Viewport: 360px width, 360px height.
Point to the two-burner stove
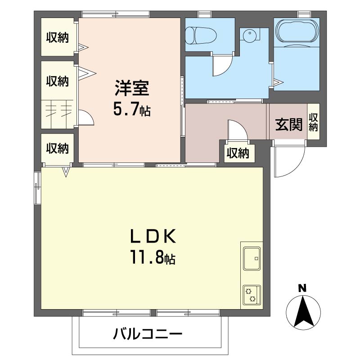pyautogui.click(x=251, y=295)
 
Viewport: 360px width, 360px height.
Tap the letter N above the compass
pyautogui.click(x=303, y=288)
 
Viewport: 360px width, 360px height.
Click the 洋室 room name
pyautogui.click(x=131, y=89)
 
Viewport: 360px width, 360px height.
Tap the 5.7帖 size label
pyautogui.click(x=131, y=110)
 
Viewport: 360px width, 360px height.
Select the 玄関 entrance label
pyautogui.click(x=288, y=124)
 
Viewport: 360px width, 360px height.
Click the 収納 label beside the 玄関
pyautogui.click(x=313, y=122)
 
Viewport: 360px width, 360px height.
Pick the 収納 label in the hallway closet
pyautogui.click(x=237, y=153)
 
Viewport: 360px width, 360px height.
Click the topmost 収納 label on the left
pyautogui.click(x=58, y=38)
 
